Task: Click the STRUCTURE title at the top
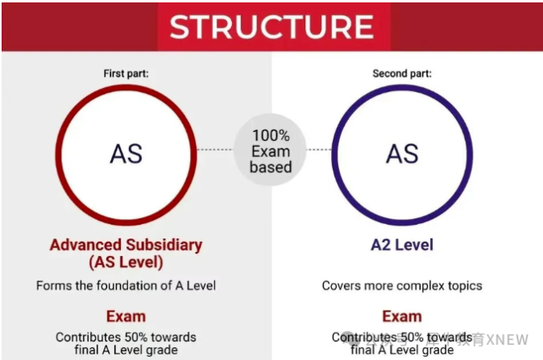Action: [271, 27]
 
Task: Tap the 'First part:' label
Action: [126, 74]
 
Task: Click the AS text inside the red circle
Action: [126, 153]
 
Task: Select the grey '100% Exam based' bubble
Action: [271, 151]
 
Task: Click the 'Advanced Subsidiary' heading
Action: [126, 245]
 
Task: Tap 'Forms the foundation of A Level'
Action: [126, 285]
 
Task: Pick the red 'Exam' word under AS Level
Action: [126, 315]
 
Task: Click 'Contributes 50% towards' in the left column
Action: [126, 336]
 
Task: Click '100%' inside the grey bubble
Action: [271, 135]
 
